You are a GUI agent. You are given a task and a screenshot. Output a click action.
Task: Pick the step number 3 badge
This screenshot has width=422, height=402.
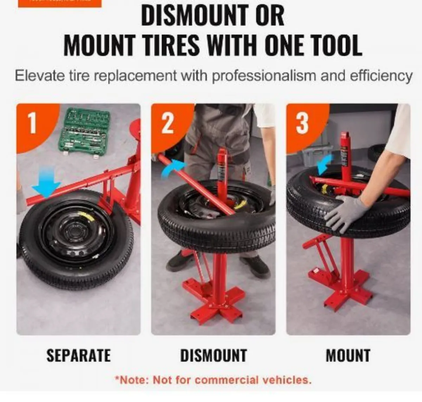302,123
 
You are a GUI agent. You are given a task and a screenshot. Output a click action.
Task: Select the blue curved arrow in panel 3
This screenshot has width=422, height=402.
325,164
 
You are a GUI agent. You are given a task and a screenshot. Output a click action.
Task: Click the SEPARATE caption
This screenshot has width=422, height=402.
78,355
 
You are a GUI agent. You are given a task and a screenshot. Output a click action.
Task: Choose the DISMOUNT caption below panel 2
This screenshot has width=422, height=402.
213,355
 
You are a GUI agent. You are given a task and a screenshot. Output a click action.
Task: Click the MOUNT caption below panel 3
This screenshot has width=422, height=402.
348,355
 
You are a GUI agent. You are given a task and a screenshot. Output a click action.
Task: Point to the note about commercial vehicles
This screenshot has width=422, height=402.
213,380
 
